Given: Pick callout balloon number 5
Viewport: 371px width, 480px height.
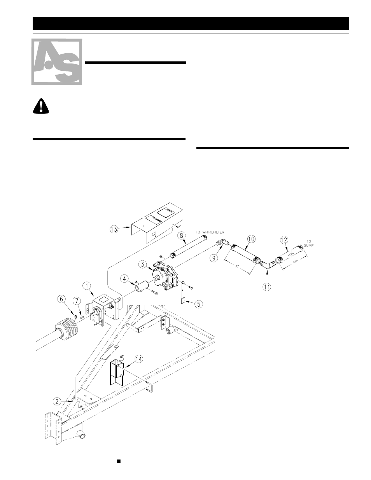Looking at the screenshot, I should coord(198,304).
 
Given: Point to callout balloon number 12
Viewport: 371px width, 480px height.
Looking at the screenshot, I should coord(284,239).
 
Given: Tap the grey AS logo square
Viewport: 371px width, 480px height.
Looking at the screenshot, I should coord(57,62).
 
